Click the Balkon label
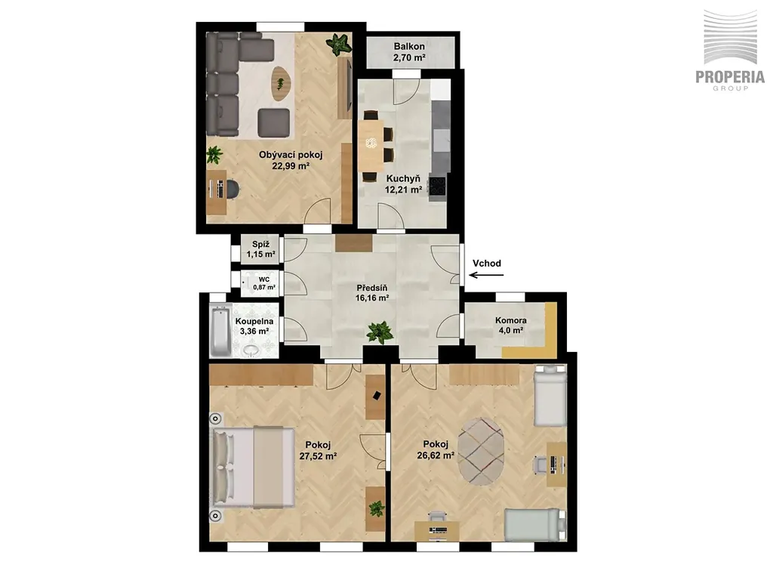[x=409, y=46]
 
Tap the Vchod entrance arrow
[x=486, y=275]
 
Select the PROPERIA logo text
[x=730, y=77]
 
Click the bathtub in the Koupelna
[x=220, y=331]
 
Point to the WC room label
[x=264, y=279]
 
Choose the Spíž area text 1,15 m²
[x=260, y=255]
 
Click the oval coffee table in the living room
[x=281, y=83]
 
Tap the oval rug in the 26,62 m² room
[x=481, y=449]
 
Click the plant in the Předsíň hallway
[x=380, y=332]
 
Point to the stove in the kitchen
[x=437, y=187]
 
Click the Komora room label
[x=511, y=320]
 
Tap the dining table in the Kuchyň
[x=371, y=146]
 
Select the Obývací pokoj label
[x=291, y=155]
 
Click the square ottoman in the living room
[x=273, y=123]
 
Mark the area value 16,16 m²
[x=372, y=298]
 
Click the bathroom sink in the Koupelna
[x=253, y=350]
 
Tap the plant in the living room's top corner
[x=339, y=44]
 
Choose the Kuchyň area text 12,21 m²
[x=403, y=190]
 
